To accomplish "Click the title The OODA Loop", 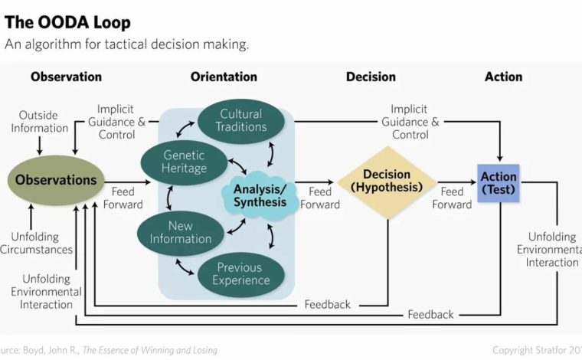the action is click(67, 22).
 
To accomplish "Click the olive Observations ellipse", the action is click(56, 180).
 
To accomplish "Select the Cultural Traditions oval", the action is click(241, 120).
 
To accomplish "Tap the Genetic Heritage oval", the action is click(184, 162).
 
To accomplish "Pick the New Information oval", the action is click(181, 233).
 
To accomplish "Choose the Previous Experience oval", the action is click(241, 274).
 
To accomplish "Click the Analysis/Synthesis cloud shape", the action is click(260, 195).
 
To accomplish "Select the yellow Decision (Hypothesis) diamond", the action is click(387, 182).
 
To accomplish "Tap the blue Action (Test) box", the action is click(498, 183).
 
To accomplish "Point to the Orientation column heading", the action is click(224, 77).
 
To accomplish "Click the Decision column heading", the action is click(371, 77).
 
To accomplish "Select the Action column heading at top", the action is click(503, 77).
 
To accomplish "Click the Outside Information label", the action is click(39, 121).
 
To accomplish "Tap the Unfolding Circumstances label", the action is click(37, 243).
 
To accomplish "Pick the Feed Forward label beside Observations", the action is click(123, 198).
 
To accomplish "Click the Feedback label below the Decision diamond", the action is click(328, 305).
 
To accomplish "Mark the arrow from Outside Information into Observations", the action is click(39, 146).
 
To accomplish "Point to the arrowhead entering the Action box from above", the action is click(499, 158).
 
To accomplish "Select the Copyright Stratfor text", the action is click(537, 350).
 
